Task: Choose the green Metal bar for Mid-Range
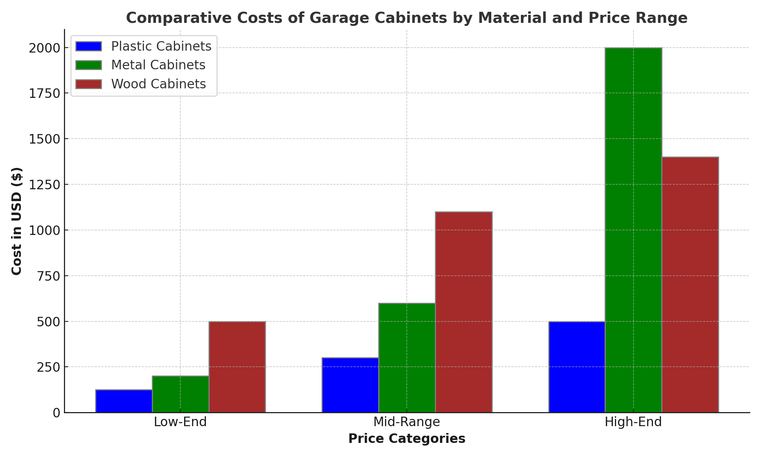point(407,358)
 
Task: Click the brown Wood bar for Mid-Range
point(463,312)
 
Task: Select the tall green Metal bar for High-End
point(633,230)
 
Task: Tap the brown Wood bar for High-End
point(690,284)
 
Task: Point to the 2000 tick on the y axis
point(45,48)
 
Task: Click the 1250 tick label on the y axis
point(45,185)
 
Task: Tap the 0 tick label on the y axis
point(56,413)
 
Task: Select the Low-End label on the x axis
point(180,422)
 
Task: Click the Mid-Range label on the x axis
point(407,422)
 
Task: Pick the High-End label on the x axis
point(633,422)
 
